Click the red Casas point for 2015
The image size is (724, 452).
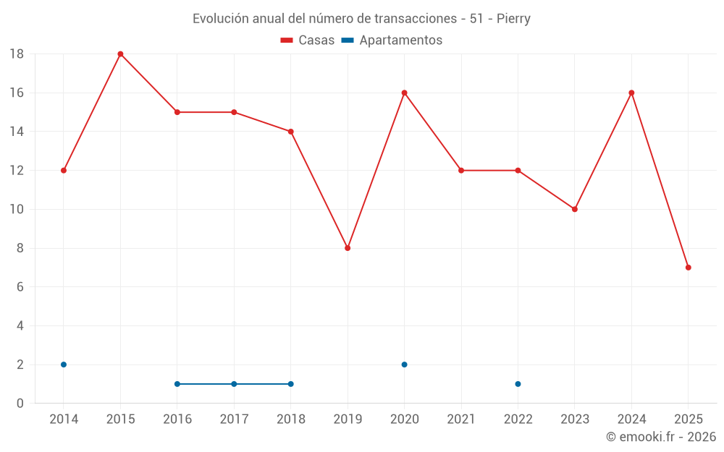tap(120, 54)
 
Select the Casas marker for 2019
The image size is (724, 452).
tap(348, 248)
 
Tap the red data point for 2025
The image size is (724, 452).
tap(689, 268)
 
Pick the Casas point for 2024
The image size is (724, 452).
tap(631, 93)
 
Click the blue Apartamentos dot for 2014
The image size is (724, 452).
tap(64, 364)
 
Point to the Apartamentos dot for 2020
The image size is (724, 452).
tap(404, 364)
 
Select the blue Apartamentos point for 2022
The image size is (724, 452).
tap(518, 384)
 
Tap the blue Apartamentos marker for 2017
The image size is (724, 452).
tap(234, 384)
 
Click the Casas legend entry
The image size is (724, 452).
tap(308, 40)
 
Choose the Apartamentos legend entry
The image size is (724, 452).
tap(392, 40)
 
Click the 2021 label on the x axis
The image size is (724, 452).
tap(461, 419)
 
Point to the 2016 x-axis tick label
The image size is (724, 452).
tap(177, 419)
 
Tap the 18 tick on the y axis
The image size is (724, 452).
tap(17, 54)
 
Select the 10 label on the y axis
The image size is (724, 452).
tap(17, 209)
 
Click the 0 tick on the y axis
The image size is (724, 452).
tap(20, 404)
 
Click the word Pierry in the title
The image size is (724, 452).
tap(513, 19)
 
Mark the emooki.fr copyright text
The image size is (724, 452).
tap(661, 437)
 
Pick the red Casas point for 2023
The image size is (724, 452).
tap(575, 209)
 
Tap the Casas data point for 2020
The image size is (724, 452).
tap(404, 93)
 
